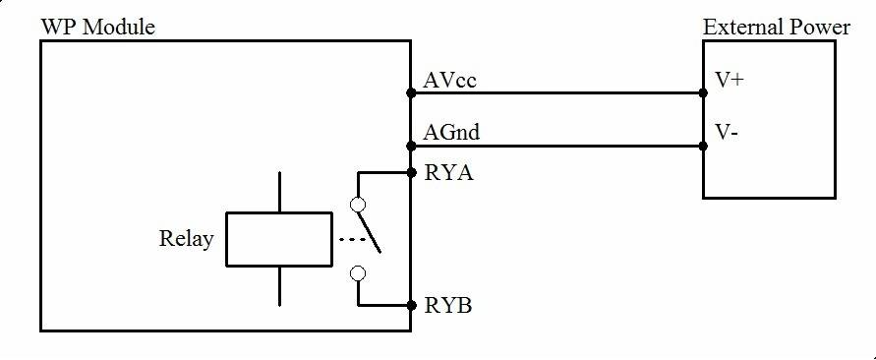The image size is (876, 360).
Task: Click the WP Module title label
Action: (x=97, y=27)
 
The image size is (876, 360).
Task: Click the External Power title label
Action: (x=776, y=27)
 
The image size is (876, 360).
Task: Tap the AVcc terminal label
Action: (x=450, y=81)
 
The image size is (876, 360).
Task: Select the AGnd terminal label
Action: (x=452, y=132)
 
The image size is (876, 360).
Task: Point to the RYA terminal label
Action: (x=448, y=175)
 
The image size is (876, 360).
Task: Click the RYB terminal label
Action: (x=448, y=305)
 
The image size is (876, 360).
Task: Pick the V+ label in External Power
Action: (x=730, y=81)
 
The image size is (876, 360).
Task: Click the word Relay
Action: (x=186, y=239)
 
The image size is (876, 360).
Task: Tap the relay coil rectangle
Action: (x=278, y=239)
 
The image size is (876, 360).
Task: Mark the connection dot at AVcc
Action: (x=410, y=94)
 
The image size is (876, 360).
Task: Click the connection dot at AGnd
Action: (x=410, y=147)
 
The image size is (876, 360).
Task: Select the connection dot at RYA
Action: (x=410, y=173)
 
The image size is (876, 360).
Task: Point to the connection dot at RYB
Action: (x=410, y=306)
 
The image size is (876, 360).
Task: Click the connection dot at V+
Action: (x=703, y=94)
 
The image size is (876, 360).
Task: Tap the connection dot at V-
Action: (x=703, y=147)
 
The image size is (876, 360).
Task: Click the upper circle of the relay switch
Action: (x=358, y=206)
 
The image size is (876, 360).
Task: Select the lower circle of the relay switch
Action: (x=358, y=273)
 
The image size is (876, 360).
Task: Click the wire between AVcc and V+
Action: (x=555, y=94)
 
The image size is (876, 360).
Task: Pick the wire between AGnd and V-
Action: (x=555, y=147)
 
